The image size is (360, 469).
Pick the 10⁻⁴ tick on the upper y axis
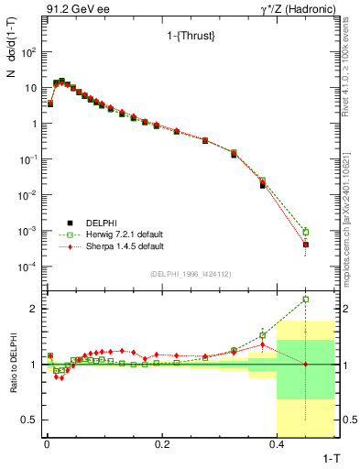click(x=26, y=267)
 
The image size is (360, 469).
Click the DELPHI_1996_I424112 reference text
click(x=190, y=274)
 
